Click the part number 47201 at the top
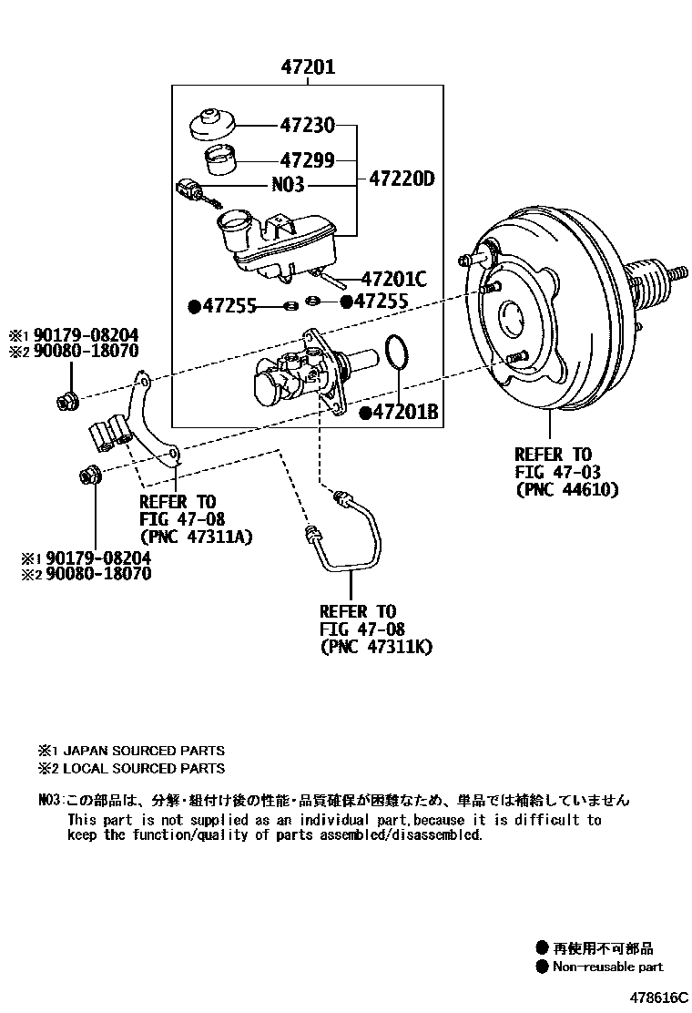(307, 67)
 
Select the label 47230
(307, 125)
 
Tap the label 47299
(307, 160)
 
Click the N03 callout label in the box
(289, 185)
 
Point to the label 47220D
(401, 179)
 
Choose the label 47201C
(393, 279)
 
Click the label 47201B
(406, 414)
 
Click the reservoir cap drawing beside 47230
(213, 125)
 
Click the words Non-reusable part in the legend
(607, 967)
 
